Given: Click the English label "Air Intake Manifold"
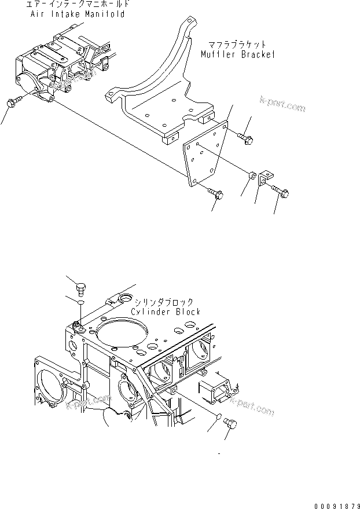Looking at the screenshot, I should (77, 14).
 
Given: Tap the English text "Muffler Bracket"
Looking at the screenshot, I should (238, 55).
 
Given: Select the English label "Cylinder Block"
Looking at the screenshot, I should (167, 312).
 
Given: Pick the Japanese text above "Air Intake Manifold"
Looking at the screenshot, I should (77, 5).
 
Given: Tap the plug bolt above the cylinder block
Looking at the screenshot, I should (80, 287).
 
